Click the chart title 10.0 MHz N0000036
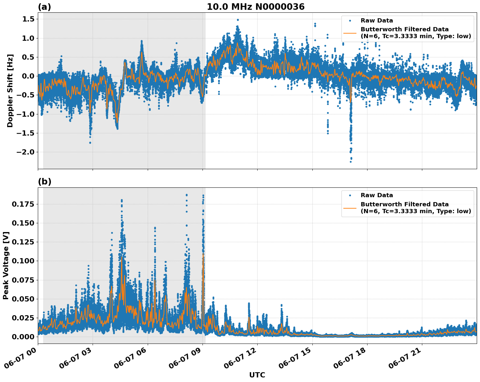[256, 7]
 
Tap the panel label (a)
[45, 7]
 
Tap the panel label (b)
[45, 182]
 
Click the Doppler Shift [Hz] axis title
[10, 91]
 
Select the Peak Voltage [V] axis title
[6, 265]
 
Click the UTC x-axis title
[257, 375]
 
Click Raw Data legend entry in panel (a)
[377, 21]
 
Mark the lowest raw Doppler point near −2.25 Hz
[351, 162]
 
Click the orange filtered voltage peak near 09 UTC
[203, 254]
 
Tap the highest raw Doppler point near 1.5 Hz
[238, 20]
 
